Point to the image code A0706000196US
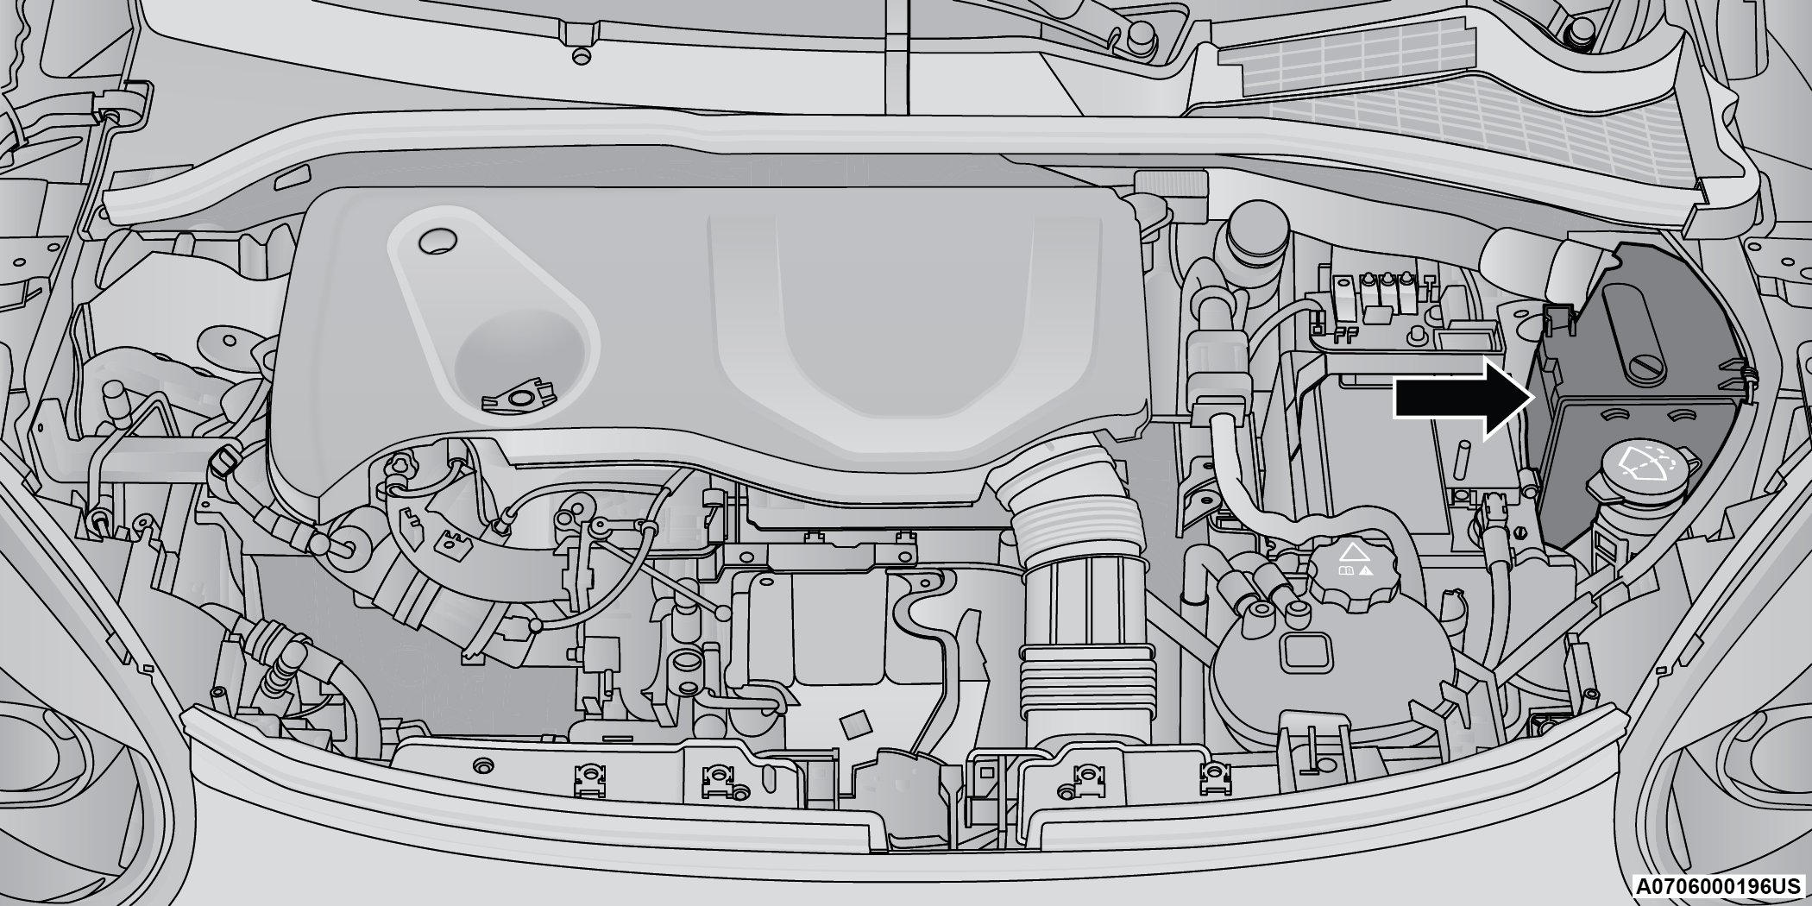point(1718,887)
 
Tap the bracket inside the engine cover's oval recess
point(519,396)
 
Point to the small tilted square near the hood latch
point(856,726)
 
